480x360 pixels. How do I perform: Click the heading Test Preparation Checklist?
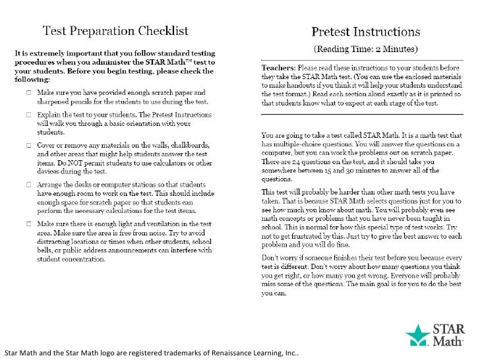click(x=116, y=30)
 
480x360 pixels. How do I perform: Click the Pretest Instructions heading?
click(x=366, y=31)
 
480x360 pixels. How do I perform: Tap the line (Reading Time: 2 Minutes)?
click(x=365, y=49)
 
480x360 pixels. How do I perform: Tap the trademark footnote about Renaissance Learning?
click(x=151, y=353)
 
